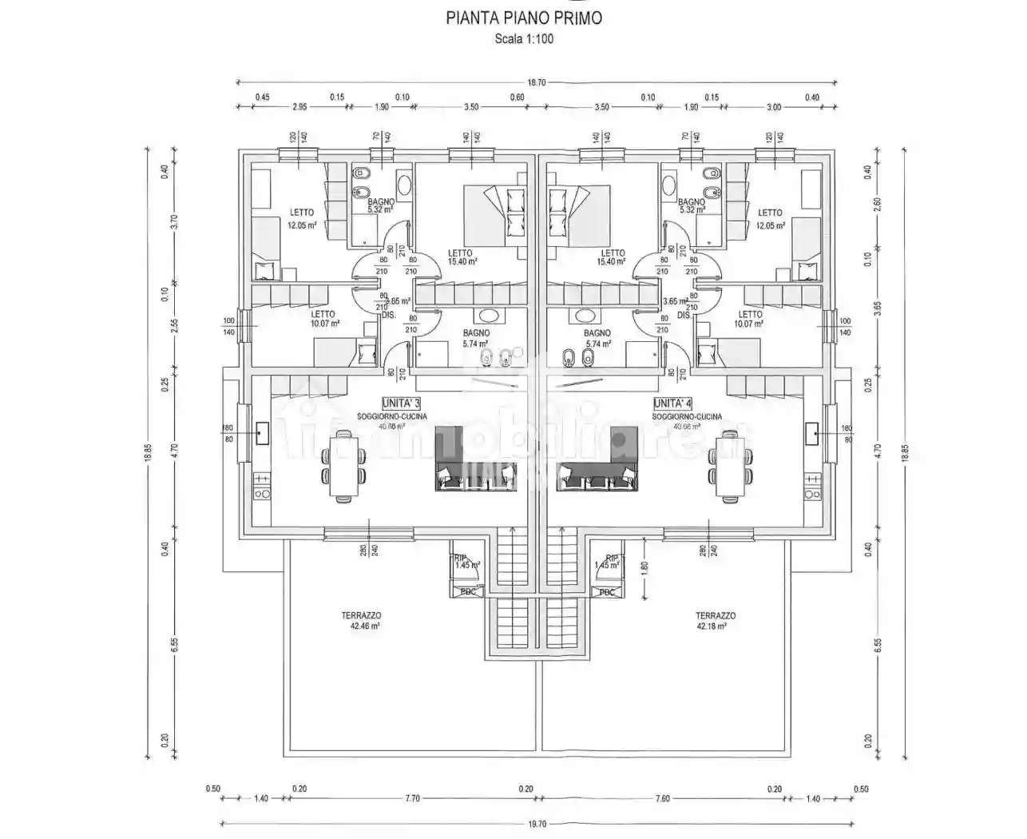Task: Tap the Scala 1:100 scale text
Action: pyautogui.click(x=523, y=38)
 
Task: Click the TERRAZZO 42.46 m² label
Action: pyautogui.click(x=360, y=621)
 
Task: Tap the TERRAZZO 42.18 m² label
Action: pyautogui.click(x=715, y=621)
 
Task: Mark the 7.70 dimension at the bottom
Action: pyautogui.click(x=412, y=798)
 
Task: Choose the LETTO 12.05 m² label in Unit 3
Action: pyautogui.click(x=302, y=218)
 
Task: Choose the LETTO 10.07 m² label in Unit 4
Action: pyautogui.click(x=750, y=319)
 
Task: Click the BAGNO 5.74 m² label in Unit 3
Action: pyautogui.click(x=475, y=338)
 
